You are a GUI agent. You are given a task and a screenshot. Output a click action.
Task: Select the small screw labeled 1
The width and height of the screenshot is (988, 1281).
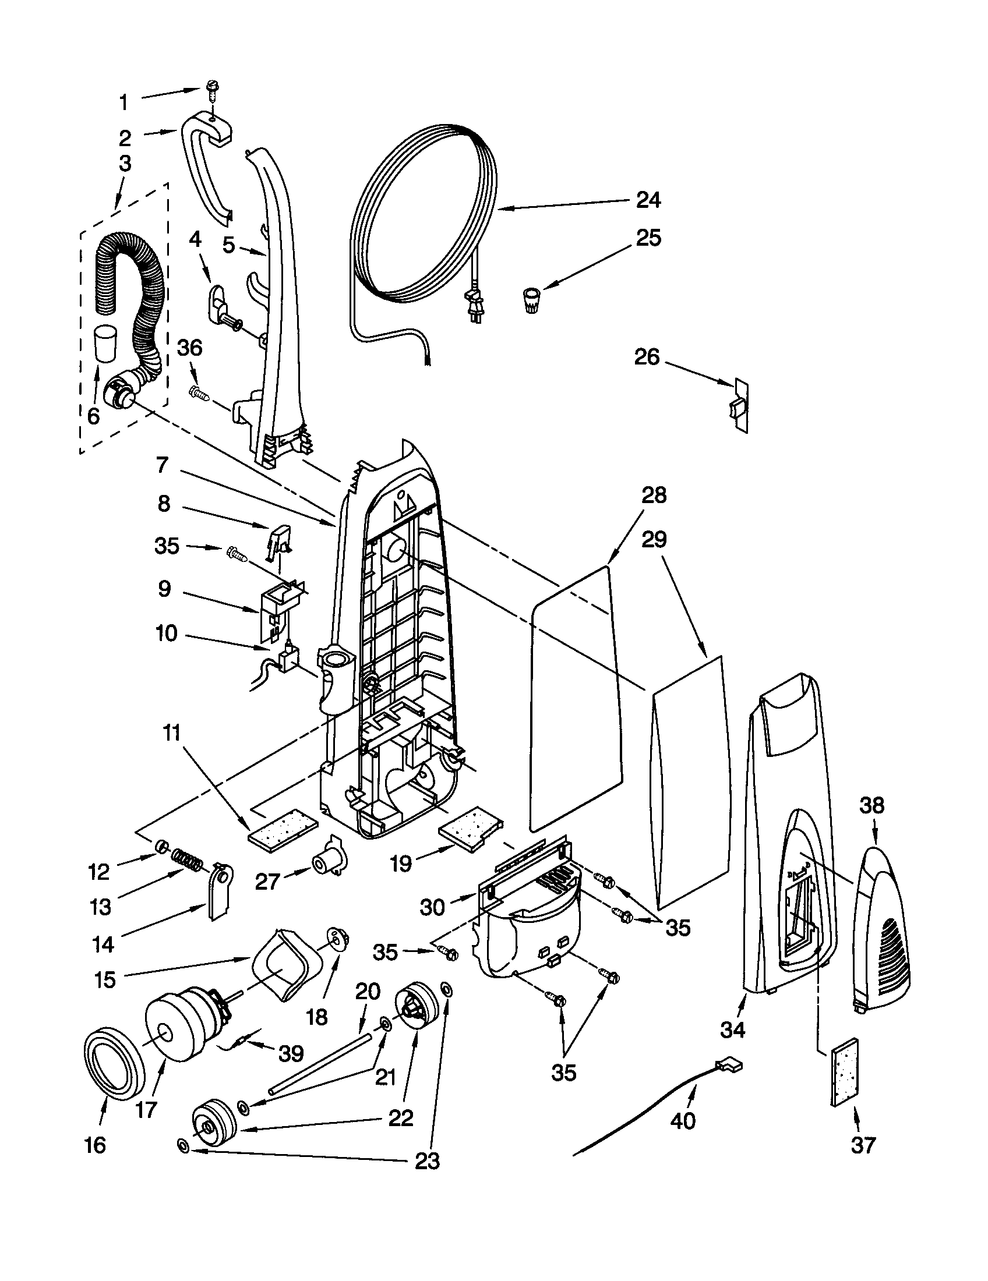(x=211, y=89)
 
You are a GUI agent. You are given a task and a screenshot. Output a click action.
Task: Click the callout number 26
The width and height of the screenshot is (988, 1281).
(x=647, y=356)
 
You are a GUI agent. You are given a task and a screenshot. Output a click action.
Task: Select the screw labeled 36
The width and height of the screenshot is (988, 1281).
(x=199, y=392)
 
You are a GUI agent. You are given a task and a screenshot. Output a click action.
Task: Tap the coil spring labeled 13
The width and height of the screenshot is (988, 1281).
(x=186, y=862)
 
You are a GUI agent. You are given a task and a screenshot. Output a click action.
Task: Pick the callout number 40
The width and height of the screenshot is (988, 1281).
(x=683, y=1121)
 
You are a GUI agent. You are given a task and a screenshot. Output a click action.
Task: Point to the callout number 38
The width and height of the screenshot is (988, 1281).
(x=871, y=805)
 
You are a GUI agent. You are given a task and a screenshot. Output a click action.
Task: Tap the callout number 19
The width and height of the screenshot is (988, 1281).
(x=401, y=864)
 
